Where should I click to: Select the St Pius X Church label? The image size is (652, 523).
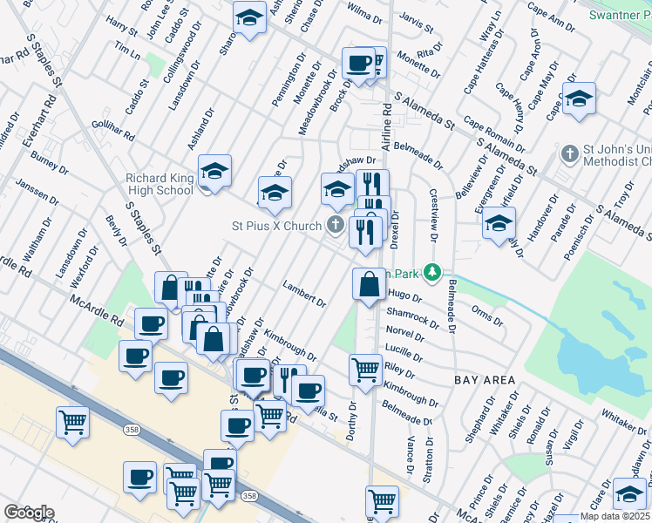point(276,226)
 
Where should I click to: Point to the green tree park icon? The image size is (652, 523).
point(430,272)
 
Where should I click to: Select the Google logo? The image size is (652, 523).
point(29,512)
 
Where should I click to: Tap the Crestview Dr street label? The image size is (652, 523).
point(432,213)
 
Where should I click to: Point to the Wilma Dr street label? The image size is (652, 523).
point(364,16)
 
